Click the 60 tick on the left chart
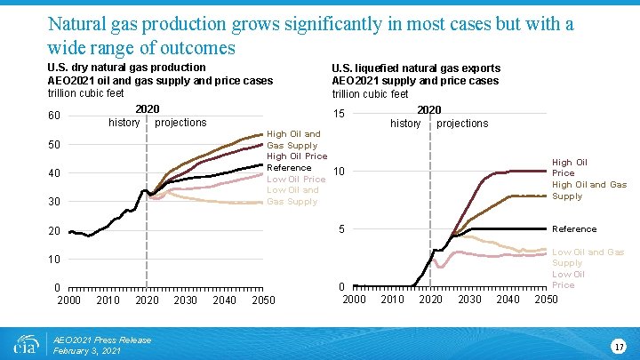click(x=55, y=116)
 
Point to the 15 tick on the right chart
click(x=339, y=113)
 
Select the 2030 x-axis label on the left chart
click(x=186, y=300)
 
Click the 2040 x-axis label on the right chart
click(x=508, y=300)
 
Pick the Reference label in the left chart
click(x=289, y=167)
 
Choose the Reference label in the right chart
click(x=573, y=229)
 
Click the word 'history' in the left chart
click(x=124, y=123)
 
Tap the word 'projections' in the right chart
click(x=462, y=124)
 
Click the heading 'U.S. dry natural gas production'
click(x=126, y=68)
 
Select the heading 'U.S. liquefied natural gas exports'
click(x=416, y=68)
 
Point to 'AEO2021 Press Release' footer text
click(x=102, y=340)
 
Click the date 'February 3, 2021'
click(x=88, y=351)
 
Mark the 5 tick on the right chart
click(x=342, y=230)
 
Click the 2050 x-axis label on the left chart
click(x=263, y=300)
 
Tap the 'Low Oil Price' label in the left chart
click(x=296, y=179)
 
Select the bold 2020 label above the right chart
click(x=428, y=110)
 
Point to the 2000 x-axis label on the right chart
click(x=354, y=300)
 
